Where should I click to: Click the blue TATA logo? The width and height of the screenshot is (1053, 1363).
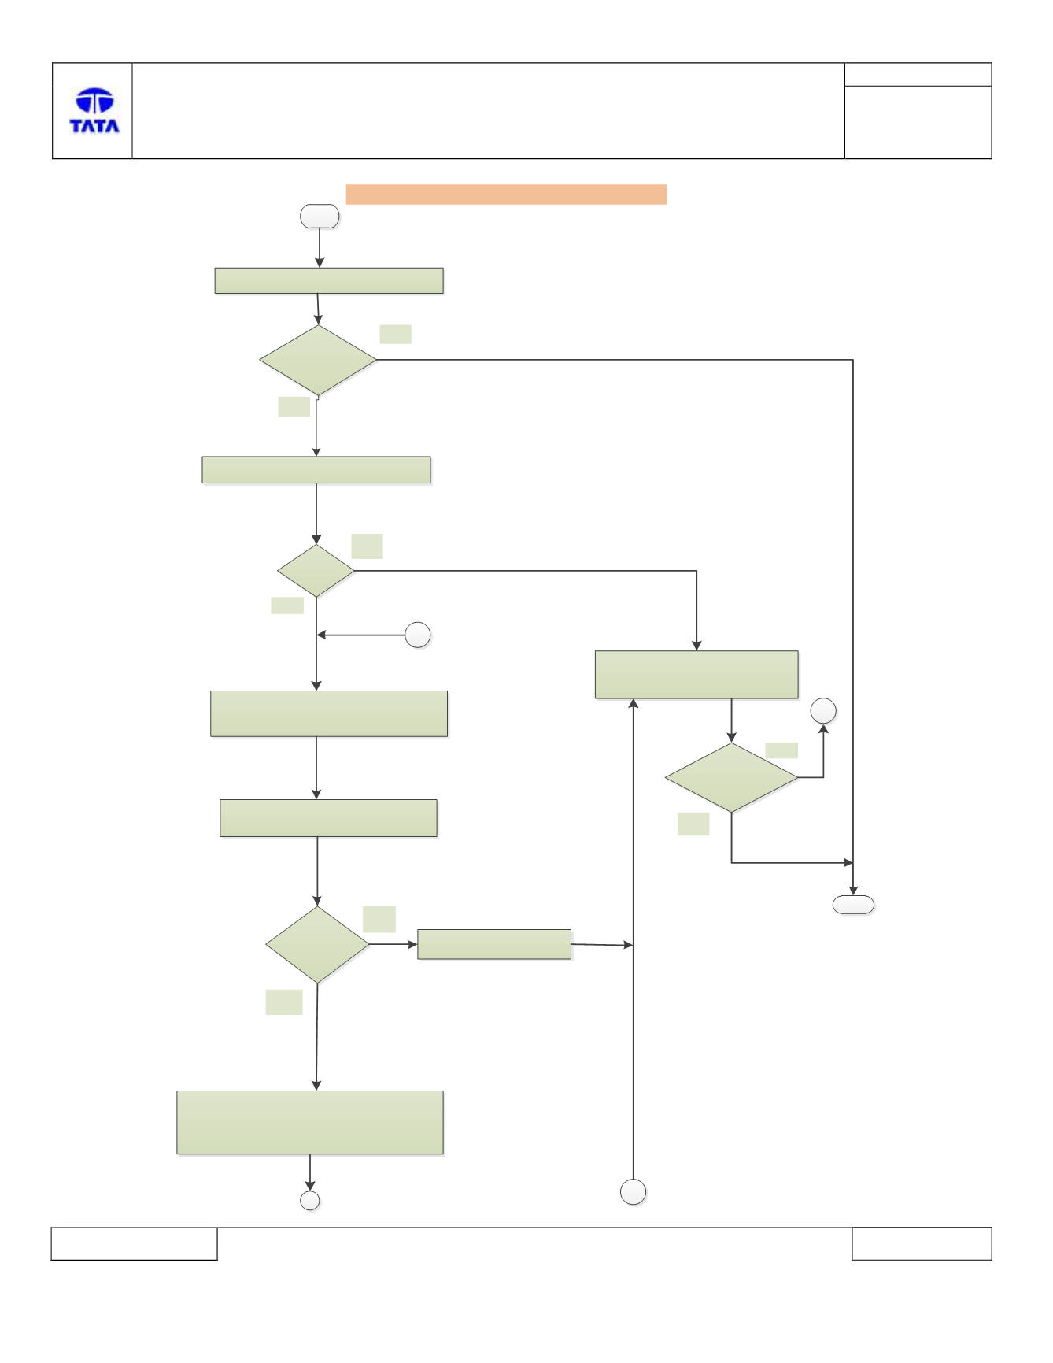pyautogui.click(x=94, y=110)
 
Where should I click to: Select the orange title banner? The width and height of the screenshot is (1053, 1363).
pyautogui.click(x=506, y=194)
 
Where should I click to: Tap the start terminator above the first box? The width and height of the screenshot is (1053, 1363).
pyautogui.click(x=320, y=217)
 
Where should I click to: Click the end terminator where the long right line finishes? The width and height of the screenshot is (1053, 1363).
pyautogui.click(x=853, y=905)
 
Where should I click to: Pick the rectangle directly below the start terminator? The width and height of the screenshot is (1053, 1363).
pyautogui.click(x=329, y=281)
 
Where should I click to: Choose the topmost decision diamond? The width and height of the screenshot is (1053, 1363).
pyautogui.click(x=318, y=360)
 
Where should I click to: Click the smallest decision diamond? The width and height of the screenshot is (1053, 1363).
pyautogui.click(x=316, y=570)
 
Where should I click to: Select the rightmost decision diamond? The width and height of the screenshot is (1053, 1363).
pyautogui.click(x=731, y=777)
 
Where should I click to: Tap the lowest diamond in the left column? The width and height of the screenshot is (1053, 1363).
pyautogui.click(x=317, y=944)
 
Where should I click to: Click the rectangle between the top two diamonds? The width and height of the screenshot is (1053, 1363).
pyautogui.click(x=316, y=470)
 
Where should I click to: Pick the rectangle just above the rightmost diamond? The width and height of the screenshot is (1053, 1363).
pyautogui.click(x=696, y=675)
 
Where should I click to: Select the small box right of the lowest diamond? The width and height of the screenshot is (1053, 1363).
pyautogui.click(x=494, y=944)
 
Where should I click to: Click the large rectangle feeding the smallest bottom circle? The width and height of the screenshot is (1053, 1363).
pyautogui.click(x=310, y=1123)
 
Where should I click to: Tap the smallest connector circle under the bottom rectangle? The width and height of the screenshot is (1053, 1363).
pyautogui.click(x=310, y=1200)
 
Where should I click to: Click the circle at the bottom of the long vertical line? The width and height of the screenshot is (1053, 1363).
pyautogui.click(x=634, y=1192)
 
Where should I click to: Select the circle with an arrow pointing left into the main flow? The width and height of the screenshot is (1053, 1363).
pyautogui.click(x=418, y=635)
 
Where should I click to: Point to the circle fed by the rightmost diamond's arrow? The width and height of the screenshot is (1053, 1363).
pyautogui.click(x=823, y=711)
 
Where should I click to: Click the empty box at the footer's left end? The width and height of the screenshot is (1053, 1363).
pyautogui.click(x=134, y=1243)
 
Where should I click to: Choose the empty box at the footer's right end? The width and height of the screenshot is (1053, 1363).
pyautogui.click(x=922, y=1243)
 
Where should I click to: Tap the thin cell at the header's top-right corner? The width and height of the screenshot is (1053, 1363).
pyautogui.click(x=918, y=75)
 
